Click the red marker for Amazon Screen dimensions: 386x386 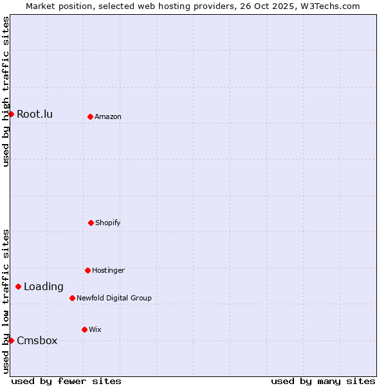point(90,116)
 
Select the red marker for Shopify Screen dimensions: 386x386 point(91,223)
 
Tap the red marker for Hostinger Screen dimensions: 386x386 point(87,270)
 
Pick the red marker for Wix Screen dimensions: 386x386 point(84,329)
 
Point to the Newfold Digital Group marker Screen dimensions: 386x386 point(72,298)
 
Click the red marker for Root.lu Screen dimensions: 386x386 point(11,114)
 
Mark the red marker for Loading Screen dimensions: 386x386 point(18,286)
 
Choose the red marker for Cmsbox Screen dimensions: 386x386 point(11,340)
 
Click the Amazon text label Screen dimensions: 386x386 point(108,117)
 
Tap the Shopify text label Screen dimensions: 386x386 point(108,223)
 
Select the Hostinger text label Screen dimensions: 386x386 point(108,271)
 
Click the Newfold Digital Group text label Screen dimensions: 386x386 point(114,299)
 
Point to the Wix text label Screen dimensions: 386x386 point(95,330)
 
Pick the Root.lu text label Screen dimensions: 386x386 point(35,115)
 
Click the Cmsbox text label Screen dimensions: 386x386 point(37,341)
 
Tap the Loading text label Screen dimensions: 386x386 point(44,287)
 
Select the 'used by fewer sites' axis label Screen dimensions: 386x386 point(66,381)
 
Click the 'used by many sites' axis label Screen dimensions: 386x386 point(323,381)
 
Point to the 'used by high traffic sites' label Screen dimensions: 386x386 point(6,91)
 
